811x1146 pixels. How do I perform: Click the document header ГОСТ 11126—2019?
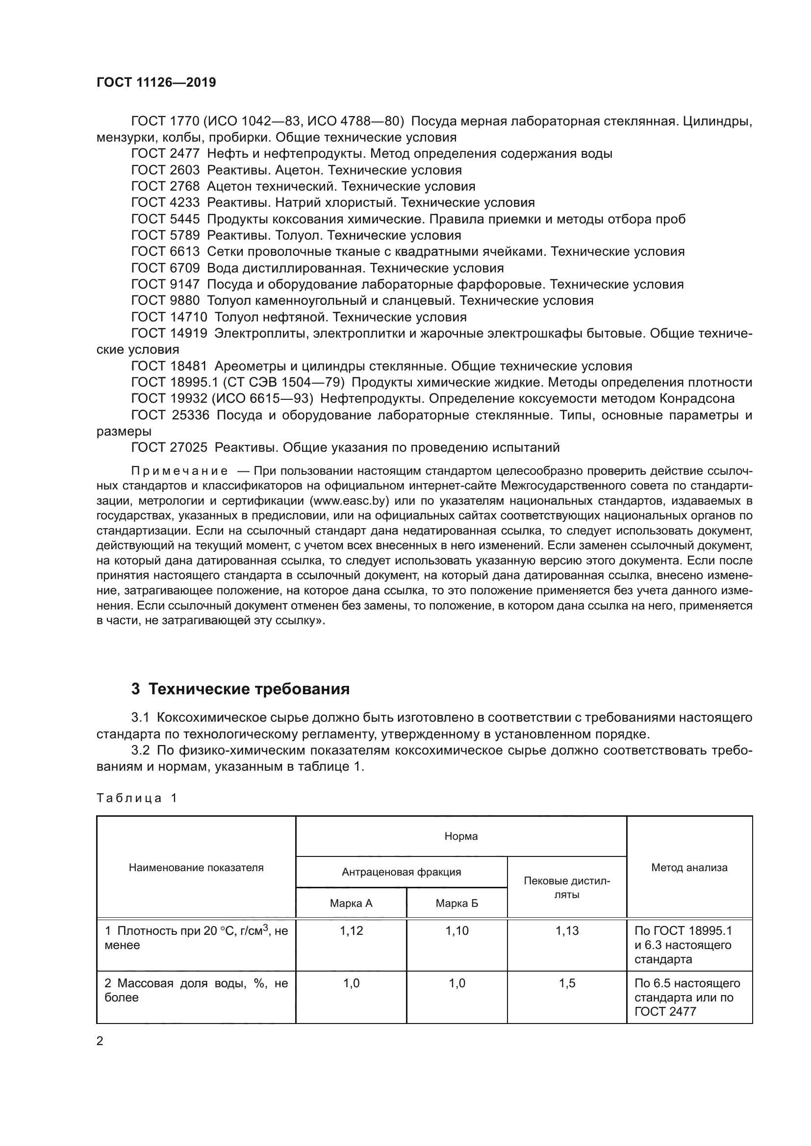pos(156,83)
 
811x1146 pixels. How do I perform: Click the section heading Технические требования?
pos(249,689)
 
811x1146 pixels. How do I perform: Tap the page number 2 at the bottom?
pos(100,1041)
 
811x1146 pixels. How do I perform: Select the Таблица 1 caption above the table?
pos(137,798)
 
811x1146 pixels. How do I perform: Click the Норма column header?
pos(460,836)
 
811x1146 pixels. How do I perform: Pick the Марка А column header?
pos(351,903)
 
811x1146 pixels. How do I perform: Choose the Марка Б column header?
pos(456,903)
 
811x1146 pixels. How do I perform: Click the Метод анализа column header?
pos(688,867)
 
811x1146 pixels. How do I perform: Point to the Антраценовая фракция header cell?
pos(401,872)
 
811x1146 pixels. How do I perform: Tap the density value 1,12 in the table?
pos(351,930)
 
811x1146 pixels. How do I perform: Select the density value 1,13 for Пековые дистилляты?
pos(567,930)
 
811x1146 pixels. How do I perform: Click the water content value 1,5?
pos(567,983)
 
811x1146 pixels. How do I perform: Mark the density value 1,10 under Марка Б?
pos(456,930)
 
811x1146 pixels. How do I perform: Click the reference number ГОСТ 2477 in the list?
pos(165,154)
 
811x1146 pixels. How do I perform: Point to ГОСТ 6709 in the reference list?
pos(165,268)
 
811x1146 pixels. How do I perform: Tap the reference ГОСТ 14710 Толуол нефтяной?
pos(299,317)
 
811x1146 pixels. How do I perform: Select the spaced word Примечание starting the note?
pos(179,471)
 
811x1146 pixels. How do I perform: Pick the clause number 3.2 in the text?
pos(140,750)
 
